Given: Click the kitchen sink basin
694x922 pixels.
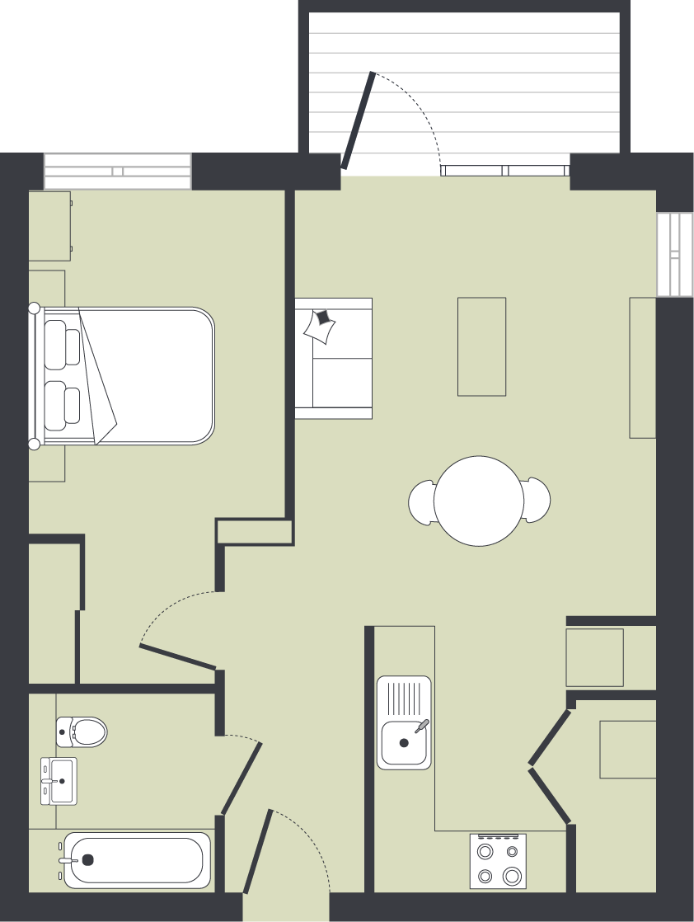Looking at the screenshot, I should pos(403,742).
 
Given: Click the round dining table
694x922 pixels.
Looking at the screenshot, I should pos(479,501).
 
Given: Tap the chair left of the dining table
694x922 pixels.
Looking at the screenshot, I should pos(421,501).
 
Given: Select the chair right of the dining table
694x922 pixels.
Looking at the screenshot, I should pos(537,500).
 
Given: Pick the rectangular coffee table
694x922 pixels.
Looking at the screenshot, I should pos(481,346).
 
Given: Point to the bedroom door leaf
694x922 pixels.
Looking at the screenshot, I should pos(178,656).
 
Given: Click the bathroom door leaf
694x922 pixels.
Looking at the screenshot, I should pos(241,779).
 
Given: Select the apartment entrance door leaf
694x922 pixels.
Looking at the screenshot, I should pos(257,851).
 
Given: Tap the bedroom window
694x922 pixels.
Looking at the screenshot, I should pos(117,172).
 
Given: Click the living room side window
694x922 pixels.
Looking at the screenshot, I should pos(675,254).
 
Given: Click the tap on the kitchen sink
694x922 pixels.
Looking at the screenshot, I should pos(421,726).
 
